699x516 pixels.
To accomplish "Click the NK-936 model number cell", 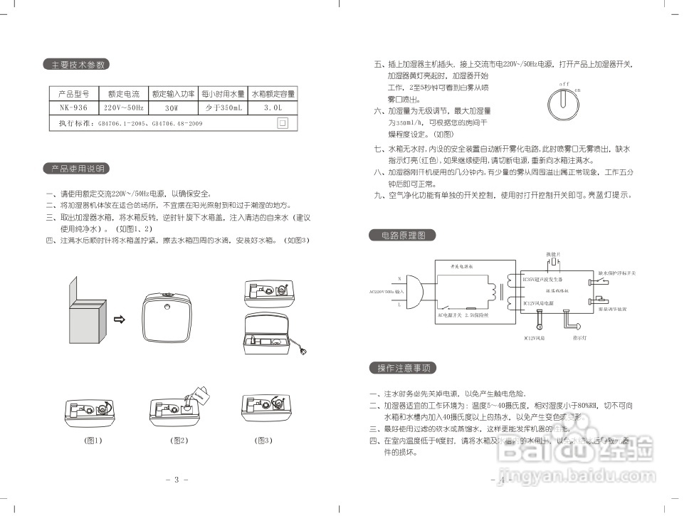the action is (x=73, y=108).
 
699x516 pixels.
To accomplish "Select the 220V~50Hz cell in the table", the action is (x=124, y=108).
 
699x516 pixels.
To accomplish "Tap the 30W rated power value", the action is (x=172, y=108).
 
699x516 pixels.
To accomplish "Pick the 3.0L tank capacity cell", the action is (x=273, y=108).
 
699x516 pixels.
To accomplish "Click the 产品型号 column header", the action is (x=73, y=93).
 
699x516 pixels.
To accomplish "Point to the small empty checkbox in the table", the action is (x=283, y=122).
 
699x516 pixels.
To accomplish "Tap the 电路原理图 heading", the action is (x=402, y=235).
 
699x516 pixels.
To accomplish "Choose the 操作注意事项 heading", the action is (x=402, y=368).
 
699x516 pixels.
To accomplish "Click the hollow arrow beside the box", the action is (x=120, y=320).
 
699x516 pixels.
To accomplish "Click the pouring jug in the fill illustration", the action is (x=201, y=394).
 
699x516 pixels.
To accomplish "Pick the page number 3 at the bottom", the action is (x=176, y=480).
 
